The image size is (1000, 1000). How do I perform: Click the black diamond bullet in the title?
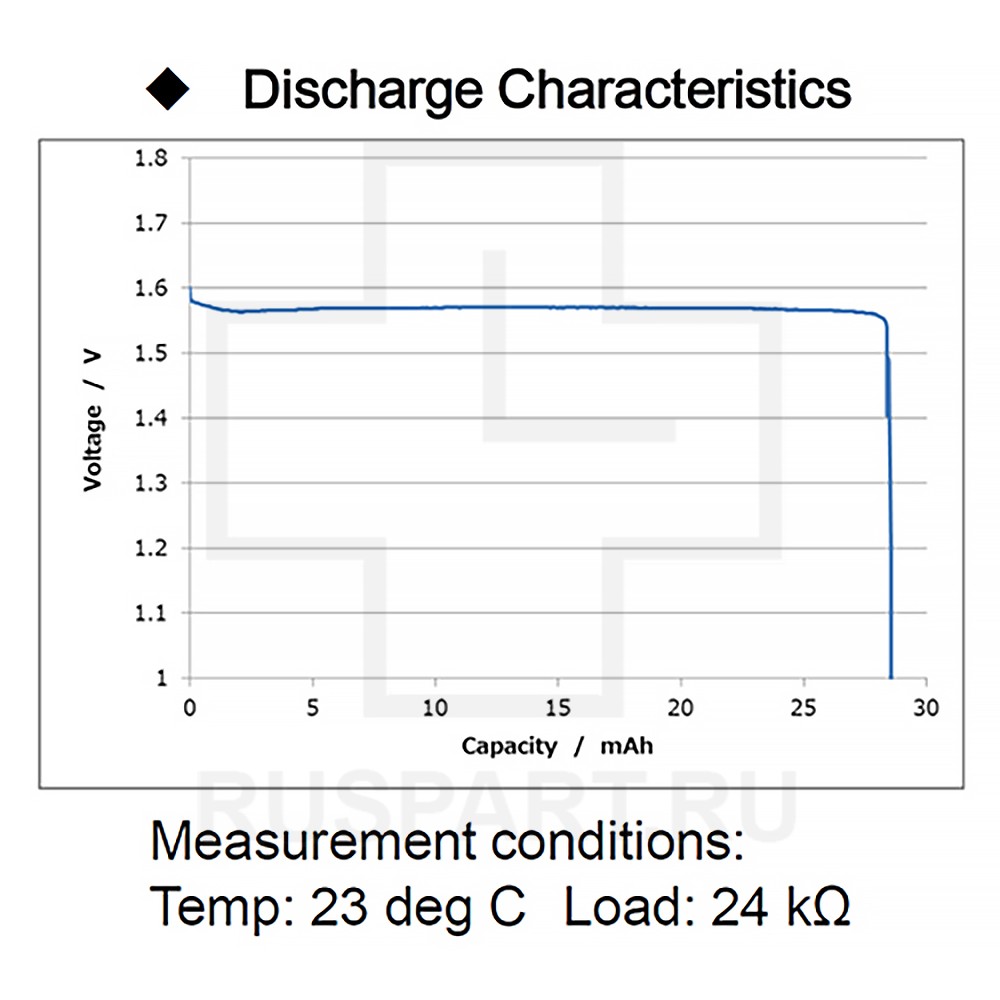coord(167,90)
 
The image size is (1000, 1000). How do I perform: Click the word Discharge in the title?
coord(364,91)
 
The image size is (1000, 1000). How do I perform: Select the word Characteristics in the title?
coord(674,90)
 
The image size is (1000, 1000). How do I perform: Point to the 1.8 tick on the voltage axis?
coord(153,158)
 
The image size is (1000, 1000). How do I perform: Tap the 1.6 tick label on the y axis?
coord(153,288)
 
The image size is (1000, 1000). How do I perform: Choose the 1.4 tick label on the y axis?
coord(153,418)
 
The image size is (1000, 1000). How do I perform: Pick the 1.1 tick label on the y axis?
coord(153,613)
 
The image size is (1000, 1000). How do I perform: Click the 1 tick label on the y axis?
coord(161,678)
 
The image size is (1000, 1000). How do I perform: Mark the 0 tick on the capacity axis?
coord(190,708)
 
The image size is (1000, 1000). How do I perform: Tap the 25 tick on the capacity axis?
coord(804,708)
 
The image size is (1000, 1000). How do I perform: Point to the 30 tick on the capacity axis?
coord(927,708)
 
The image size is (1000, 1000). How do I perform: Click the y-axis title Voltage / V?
coord(93,418)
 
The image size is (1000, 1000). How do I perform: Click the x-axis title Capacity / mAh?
coord(558,746)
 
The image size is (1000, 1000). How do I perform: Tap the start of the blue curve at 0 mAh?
coord(190,290)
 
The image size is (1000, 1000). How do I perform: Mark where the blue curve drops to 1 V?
coord(891,676)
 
